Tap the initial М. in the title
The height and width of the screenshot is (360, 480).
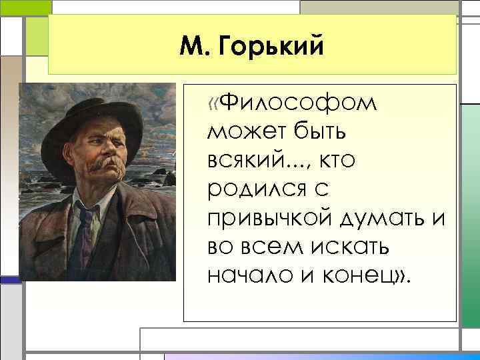197,47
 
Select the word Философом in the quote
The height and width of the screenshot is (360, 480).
298,104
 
